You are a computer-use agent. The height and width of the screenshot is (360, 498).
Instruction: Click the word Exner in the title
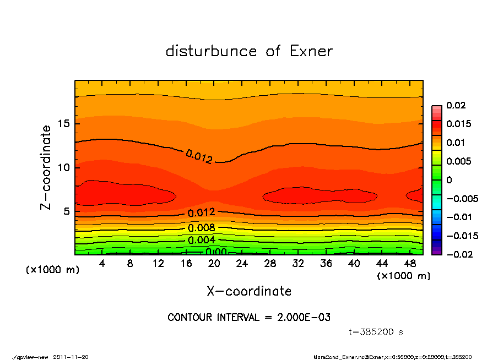pyautogui.click(x=311, y=51)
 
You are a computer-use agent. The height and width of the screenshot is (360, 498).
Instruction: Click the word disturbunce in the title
pyautogui.click(x=212, y=51)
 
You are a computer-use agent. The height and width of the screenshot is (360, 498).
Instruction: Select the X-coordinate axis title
pyautogui.click(x=249, y=291)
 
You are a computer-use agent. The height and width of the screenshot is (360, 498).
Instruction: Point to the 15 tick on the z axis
pyautogui.click(x=64, y=124)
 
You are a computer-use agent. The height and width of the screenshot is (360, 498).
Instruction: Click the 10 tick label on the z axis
pyautogui.click(x=64, y=168)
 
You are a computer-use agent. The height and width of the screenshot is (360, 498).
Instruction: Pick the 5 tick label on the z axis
pyautogui.click(x=67, y=212)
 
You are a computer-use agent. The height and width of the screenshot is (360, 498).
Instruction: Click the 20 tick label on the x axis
pyautogui.click(x=214, y=264)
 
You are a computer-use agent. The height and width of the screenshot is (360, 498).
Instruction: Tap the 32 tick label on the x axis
pyautogui.click(x=298, y=264)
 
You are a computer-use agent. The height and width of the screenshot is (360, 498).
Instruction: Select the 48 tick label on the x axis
pyautogui.click(x=410, y=264)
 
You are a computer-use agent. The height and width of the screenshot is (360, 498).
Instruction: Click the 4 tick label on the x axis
pyautogui.click(x=102, y=264)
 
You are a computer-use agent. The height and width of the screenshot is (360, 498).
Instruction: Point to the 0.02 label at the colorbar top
pyautogui.click(x=456, y=105)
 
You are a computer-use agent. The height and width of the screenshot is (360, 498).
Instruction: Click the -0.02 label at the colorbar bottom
pyautogui.click(x=458, y=254)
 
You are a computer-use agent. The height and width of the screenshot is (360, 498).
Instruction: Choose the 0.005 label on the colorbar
pyautogui.click(x=458, y=161)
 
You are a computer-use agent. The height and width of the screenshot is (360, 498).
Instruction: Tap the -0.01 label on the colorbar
pyautogui.click(x=458, y=217)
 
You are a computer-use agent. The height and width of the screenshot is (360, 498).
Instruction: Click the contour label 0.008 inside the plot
pyautogui.click(x=201, y=228)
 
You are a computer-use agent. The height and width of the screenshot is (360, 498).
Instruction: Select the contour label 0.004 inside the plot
pyautogui.click(x=201, y=240)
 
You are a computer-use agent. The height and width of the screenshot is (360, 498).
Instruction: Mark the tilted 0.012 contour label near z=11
pyautogui.click(x=199, y=157)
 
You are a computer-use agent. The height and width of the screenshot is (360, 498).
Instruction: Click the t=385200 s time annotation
pyautogui.click(x=376, y=332)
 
